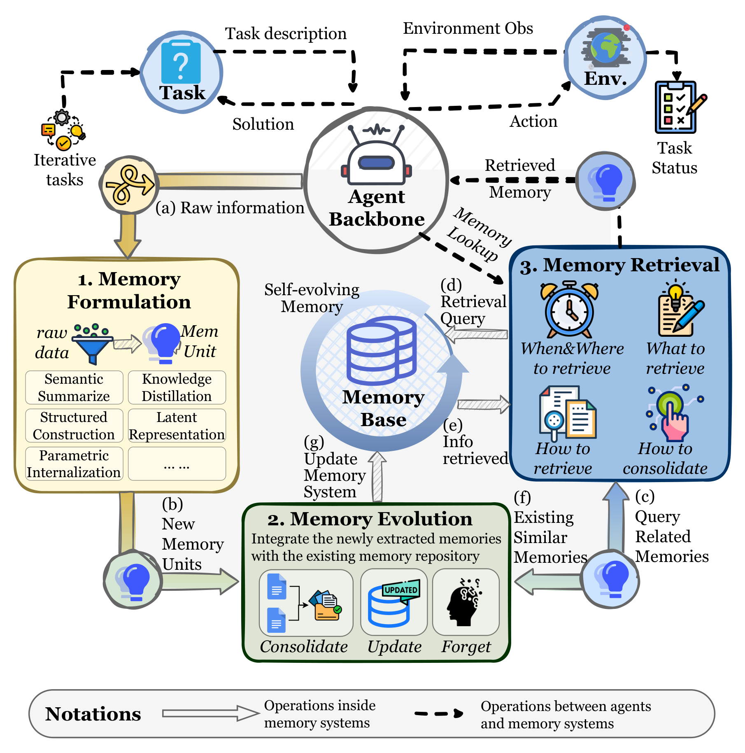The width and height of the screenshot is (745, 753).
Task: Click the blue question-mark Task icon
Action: point(181,62)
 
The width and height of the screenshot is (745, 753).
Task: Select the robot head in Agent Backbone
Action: point(376,155)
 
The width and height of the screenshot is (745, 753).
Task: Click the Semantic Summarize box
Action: point(74,387)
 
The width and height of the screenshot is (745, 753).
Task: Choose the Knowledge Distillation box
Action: point(177,387)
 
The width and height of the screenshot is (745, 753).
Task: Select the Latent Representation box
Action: point(177,426)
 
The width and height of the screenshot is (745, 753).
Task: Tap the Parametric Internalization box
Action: point(74,464)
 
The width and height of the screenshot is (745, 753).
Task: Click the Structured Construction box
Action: point(74,426)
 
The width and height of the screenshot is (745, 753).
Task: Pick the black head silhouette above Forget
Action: point(464,601)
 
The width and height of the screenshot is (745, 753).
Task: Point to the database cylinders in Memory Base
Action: point(381,350)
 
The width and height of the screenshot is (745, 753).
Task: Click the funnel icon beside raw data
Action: point(93,344)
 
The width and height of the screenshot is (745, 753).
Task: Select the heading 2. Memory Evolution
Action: point(370,519)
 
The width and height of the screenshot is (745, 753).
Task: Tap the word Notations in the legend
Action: point(93,714)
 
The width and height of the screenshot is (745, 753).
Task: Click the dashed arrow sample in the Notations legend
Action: point(439,713)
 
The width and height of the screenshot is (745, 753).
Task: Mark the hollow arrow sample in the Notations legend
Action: point(210,713)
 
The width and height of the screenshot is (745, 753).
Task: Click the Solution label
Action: point(263,124)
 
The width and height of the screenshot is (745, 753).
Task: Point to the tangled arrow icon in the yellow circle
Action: point(129,185)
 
